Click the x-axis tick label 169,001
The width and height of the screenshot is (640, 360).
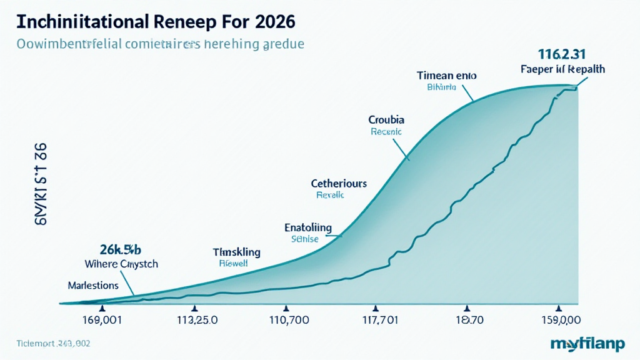pos(102,321)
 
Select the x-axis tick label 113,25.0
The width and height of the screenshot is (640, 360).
pos(194,321)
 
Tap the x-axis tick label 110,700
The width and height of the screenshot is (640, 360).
pos(286,321)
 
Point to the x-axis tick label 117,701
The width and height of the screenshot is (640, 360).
pos(376,321)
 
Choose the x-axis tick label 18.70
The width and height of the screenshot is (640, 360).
pos(466,321)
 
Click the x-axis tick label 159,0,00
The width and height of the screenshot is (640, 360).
pos(557,321)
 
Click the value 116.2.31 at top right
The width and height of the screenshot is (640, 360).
pos(562,54)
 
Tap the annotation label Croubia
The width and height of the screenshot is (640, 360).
pos(386,119)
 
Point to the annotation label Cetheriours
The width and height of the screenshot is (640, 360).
pos(339,184)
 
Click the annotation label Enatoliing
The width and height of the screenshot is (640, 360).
pos(308,227)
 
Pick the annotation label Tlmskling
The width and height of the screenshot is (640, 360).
pos(236,252)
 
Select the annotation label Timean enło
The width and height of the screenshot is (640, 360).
pos(446,75)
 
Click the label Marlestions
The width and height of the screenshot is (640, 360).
pos(92,285)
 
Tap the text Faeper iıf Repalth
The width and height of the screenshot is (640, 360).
pos(562,69)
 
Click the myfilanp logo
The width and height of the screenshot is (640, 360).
pos(587,343)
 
